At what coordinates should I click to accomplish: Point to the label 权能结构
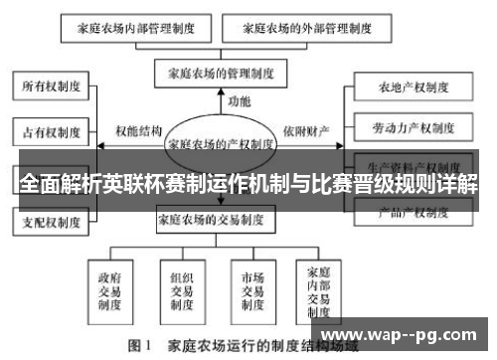coord(136,130)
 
